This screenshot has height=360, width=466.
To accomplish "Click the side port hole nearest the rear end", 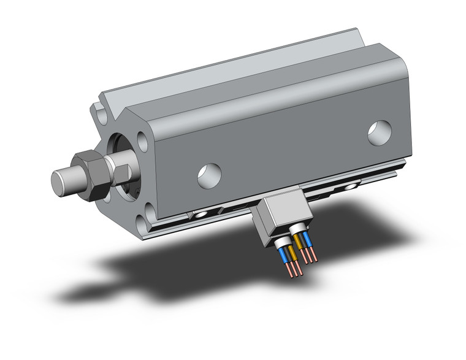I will [378, 133].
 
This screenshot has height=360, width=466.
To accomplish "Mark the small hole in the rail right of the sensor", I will [351, 185].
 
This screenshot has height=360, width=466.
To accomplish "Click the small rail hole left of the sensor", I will [201, 216].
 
